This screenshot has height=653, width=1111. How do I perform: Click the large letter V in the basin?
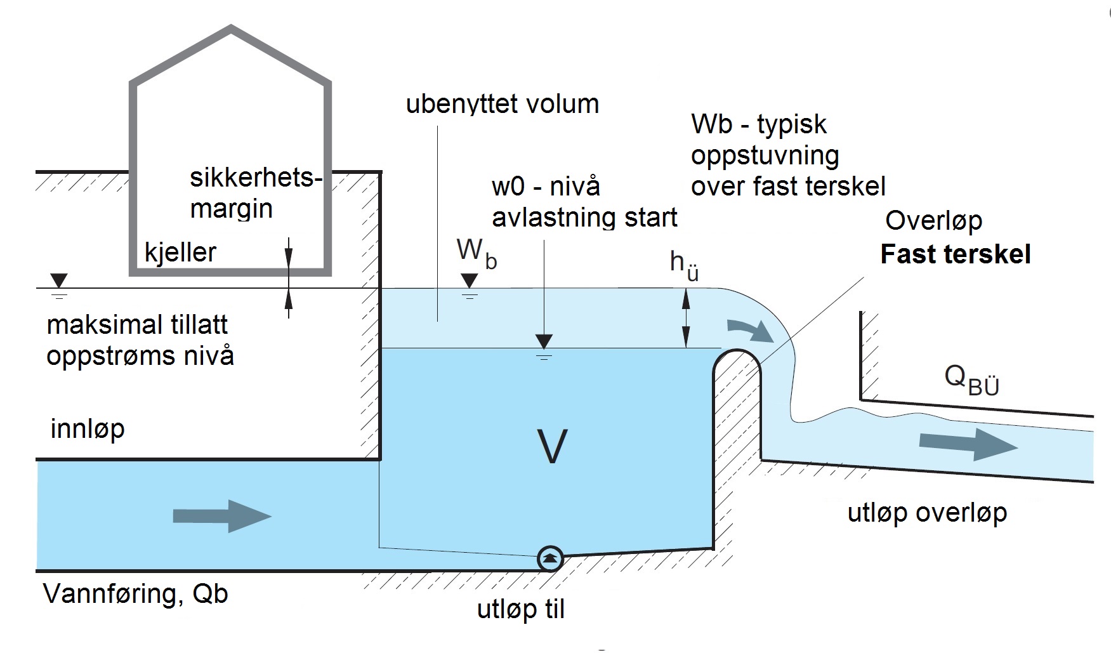[551, 447]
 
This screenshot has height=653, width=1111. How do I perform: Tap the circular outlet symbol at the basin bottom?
[550, 558]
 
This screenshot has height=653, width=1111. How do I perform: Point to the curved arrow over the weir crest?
[750, 329]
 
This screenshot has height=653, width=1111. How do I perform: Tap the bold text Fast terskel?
[956, 254]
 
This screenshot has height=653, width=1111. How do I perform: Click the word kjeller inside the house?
[180, 253]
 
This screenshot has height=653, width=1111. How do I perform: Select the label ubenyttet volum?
[502, 104]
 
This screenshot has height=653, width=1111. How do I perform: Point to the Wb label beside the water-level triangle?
[477, 252]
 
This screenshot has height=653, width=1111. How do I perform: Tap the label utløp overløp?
[927, 513]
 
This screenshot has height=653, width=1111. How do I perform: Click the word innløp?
[88, 429]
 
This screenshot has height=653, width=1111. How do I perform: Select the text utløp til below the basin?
[520, 610]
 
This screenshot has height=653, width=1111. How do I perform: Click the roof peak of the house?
[231, 28]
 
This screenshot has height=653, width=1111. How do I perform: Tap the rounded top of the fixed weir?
[737, 351]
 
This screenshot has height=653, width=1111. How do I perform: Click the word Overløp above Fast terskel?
[933, 221]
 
